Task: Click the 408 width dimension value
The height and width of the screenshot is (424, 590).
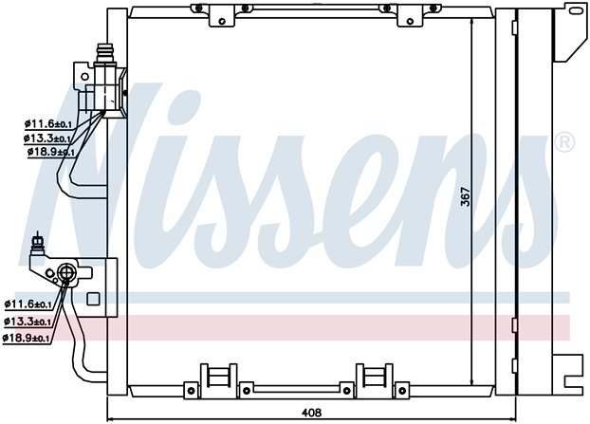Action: pos(311,413)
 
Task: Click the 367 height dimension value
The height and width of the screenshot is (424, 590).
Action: pos(466,196)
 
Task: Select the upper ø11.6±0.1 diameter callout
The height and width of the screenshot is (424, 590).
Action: pos(48,123)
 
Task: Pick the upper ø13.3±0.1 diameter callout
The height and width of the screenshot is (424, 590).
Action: pos(47,138)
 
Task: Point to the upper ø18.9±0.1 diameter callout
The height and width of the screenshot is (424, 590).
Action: pos(51,152)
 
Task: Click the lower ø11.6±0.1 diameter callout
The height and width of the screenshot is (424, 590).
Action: pos(28,304)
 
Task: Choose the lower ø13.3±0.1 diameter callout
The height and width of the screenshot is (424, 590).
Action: pos(28,322)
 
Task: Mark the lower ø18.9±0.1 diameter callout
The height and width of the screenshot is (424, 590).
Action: pos(26,339)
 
